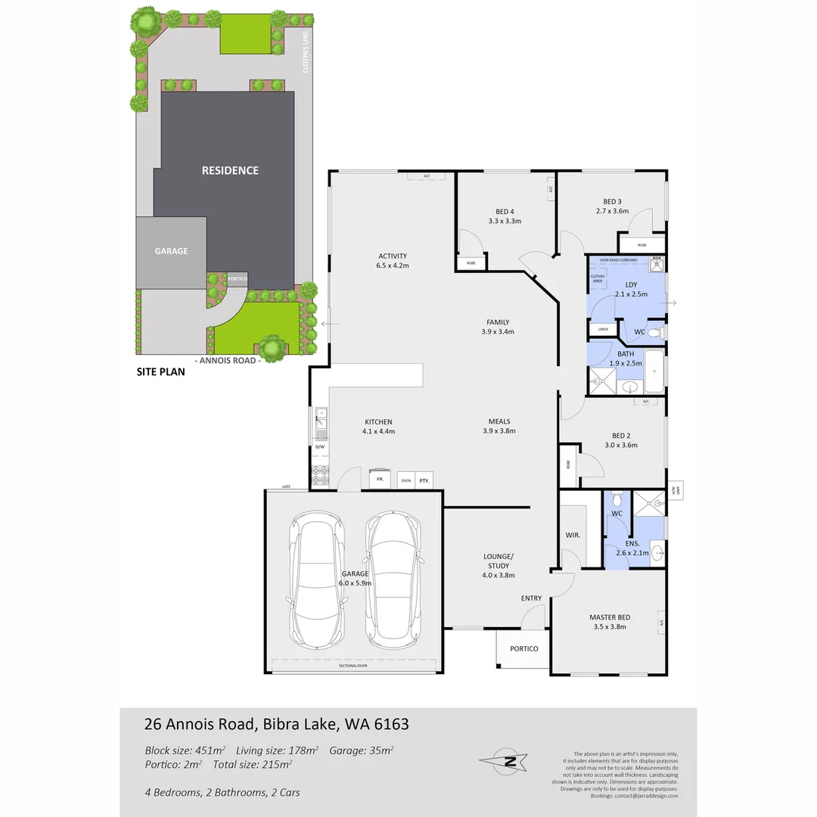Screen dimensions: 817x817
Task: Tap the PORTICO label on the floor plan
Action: coord(523,649)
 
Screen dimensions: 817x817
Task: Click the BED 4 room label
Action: coord(505,211)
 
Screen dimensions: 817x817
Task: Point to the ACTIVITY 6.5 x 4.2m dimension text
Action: coord(393,266)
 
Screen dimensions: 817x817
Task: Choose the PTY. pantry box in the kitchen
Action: coord(424,480)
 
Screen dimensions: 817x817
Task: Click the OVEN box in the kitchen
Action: coord(405,480)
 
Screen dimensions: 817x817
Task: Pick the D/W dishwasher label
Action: coord(319,447)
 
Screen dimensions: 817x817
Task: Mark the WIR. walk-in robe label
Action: coord(573,536)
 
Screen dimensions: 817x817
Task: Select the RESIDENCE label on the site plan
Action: coord(230,171)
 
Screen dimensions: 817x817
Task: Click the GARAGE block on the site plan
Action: coord(171,251)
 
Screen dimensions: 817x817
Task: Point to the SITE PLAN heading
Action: coord(160,372)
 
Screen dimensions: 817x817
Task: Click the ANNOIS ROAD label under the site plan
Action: coord(228,361)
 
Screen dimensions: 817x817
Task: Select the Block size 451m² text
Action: coord(185,750)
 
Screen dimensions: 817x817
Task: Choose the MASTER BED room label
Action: coord(610,617)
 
